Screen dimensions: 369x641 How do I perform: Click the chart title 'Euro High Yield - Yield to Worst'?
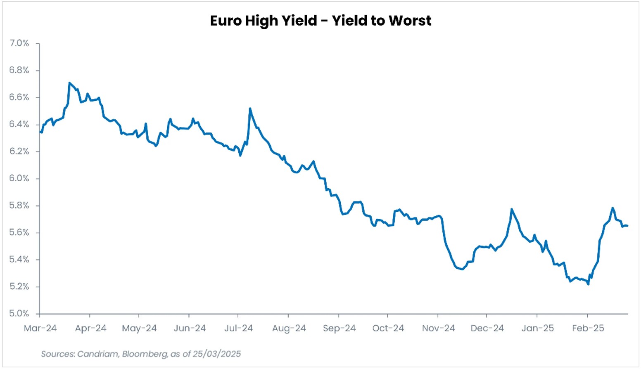point(320,21)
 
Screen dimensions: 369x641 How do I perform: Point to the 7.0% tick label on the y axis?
point(19,43)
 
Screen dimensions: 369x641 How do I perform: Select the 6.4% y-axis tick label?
point(19,124)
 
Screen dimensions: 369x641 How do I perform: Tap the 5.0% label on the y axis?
point(19,313)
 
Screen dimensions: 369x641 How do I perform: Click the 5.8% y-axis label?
point(19,206)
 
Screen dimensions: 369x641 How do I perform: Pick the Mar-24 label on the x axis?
point(40,328)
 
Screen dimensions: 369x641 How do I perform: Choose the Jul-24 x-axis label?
point(238,328)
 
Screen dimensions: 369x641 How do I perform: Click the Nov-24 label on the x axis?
point(438,328)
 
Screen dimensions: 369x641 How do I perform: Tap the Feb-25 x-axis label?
point(588,328)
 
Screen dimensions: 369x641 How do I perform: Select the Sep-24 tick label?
point(339,328)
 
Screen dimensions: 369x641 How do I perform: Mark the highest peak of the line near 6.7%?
point(69,83)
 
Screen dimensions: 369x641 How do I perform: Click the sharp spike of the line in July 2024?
point(250,109)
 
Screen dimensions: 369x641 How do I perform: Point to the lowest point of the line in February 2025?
point(588,284)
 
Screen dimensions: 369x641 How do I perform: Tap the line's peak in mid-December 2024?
point(512,209)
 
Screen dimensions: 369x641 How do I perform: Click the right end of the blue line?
point(627,226)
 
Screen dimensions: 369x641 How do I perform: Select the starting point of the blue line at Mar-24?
point(40,132)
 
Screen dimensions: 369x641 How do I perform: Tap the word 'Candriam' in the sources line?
point(97,354)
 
